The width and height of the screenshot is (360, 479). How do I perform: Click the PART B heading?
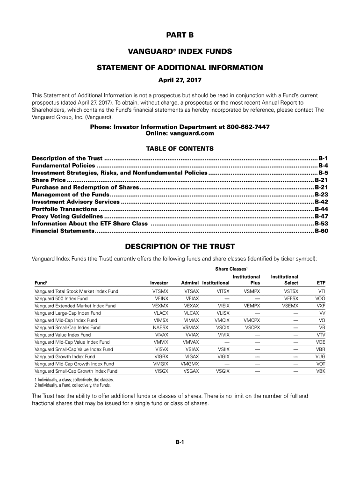click(x=180, y=35)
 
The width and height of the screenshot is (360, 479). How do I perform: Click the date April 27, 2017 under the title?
click(x=180, y=80)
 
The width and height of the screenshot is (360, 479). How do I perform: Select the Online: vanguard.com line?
click(x=180, y=133)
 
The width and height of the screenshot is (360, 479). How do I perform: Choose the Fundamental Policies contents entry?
click(x=63, y=166)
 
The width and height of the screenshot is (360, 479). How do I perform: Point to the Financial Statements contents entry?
click(x=63, y=231)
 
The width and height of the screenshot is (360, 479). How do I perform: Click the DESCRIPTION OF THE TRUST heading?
click(x=180, y=247)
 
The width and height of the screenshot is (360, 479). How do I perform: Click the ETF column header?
click(x=321, y=283)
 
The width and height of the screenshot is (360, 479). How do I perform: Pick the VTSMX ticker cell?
click(x=160, y=291)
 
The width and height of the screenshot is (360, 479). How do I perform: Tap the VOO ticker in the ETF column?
click(x=320, y=298)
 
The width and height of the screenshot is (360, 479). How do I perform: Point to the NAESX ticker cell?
click(x=160, y=328)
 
